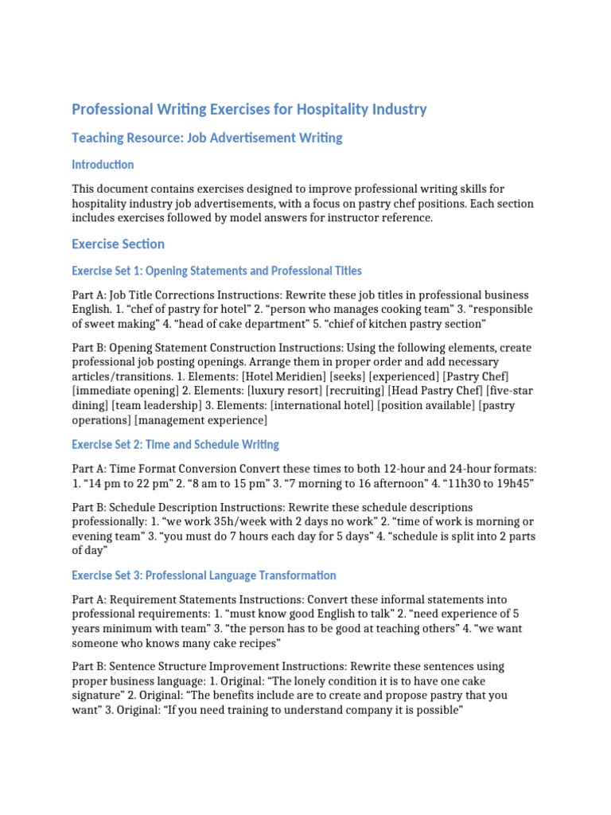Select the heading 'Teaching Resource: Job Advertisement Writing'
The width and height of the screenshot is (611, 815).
[x=207, y=138]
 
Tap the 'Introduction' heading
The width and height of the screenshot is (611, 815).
[x=103, y=165]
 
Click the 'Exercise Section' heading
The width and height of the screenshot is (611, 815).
[x=118, y=244]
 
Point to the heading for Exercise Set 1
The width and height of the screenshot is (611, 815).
[x=216, y=271]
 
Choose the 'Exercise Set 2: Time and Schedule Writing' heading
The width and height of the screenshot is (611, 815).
[x=175, y=444]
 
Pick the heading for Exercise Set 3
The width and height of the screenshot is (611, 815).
[x=204, y=575]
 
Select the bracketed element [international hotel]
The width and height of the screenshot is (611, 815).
[x=322, y=405]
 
